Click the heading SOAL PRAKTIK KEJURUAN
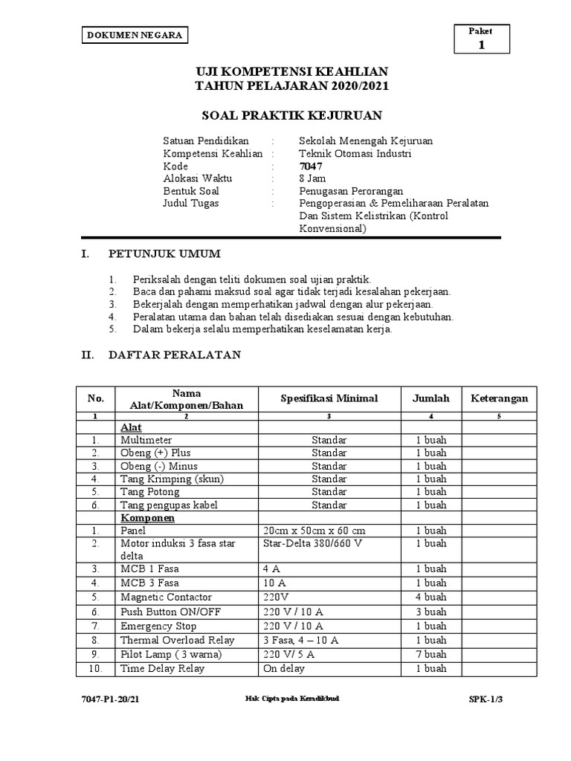click(x=292, y=115)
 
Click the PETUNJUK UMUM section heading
click(x=164, y=254)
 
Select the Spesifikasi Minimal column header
click(x=329, y=398)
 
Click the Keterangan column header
click(x=500, y=398)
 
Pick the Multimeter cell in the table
click(x=146, y=441)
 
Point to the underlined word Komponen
click(x=148, y=517)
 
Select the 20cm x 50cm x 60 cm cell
click(x=314, y=531)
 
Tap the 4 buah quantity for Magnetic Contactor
click(x=431, y=598)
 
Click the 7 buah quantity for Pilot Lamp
click(x=431, y=654)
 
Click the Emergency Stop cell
click(x=158, y=626)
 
